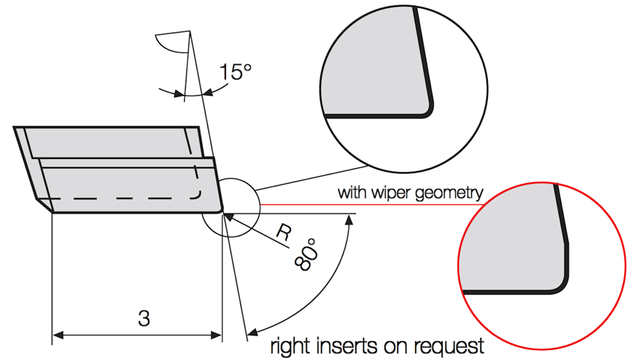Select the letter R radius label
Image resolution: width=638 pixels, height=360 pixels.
[284, 232]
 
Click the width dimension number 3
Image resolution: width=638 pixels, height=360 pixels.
[144, 318]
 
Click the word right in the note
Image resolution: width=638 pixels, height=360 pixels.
[291, 346]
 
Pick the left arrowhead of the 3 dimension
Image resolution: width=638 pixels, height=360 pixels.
[58, 335]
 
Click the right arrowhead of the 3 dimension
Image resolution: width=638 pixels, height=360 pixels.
[216, 335]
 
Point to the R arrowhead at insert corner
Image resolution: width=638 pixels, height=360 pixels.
[229, 217]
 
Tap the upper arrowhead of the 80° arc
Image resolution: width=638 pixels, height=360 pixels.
[349, 220]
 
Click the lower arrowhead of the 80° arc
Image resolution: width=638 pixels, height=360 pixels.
[253, 332]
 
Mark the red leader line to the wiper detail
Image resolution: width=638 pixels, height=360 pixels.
[372, 204]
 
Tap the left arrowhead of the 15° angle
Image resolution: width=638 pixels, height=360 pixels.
[178, 94]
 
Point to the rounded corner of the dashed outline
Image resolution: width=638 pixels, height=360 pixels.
[198, 195]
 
